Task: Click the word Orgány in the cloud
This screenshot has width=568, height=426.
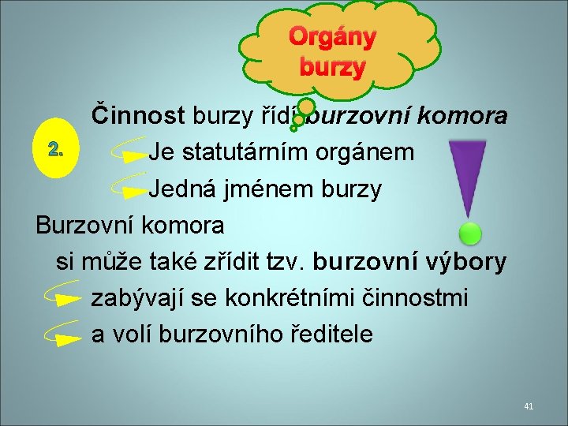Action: [x=331, y=36]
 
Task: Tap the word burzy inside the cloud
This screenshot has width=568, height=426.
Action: [x=331, y=68]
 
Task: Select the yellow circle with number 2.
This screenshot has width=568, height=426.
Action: [x=53, y=149]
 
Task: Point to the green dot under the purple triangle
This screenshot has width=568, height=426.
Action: [x=470, y=233]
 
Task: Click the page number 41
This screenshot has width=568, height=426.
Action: [x=529, y=406]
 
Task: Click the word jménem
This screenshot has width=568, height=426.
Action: [x=256, y=189]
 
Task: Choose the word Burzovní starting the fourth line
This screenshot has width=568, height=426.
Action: [x=83, y=225]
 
